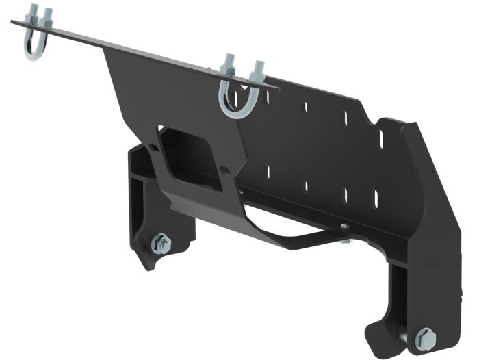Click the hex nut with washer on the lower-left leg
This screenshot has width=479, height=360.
[x=161, y=243]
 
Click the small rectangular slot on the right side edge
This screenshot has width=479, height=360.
[x=429, y=261]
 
